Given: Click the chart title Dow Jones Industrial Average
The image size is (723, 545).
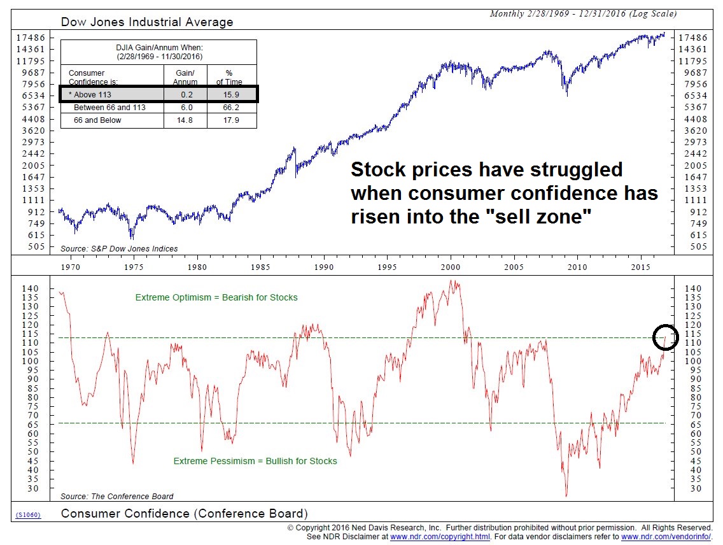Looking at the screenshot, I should pyautogui.click(x=146, y=22).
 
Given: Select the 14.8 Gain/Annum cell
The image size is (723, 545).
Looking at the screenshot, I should pyautogui.click(x=185, y=120).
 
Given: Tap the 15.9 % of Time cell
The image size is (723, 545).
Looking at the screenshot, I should pyautogui.click(x=232, y=95).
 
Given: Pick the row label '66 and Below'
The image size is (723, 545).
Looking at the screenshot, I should pyautogui.click(x=97, y=120).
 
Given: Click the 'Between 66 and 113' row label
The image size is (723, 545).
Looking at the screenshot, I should pyautogui.click(x=109, y=108).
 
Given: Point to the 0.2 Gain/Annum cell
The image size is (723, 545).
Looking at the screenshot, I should pyautogui.click(x=185, y=95).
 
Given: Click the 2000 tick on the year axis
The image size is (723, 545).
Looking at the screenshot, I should pyautogui.click(x=451, y=267).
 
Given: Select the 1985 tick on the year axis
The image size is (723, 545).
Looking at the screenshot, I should pyautogui.click(x=261, y=267).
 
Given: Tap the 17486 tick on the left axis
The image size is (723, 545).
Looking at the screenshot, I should pyautogui.click(x=31, y=38).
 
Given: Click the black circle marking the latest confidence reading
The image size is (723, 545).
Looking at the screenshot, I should pyautogui.click(x=666, y=337).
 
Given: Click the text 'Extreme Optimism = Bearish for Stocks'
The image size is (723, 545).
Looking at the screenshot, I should pyautogui.click(x=216, y=297).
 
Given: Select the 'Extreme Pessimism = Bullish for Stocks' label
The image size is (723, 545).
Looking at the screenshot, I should pyautogui.click(x=255, y=461).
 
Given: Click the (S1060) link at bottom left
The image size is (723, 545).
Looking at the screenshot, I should pyautogui.click(x=28, y=514).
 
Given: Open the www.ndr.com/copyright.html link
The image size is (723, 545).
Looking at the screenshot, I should pyautogui.click(x=440, y=537).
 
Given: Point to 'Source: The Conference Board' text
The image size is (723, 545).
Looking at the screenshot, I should pyautogui.click(x=116, y=496).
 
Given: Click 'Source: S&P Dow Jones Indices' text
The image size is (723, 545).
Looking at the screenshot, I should pyautogui.click(x=119, y=248).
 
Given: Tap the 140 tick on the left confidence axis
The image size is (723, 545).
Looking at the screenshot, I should pyautogui.click(x=31, y=288).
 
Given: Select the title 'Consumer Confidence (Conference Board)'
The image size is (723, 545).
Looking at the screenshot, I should pyautogui.click(x=184, y=514).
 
